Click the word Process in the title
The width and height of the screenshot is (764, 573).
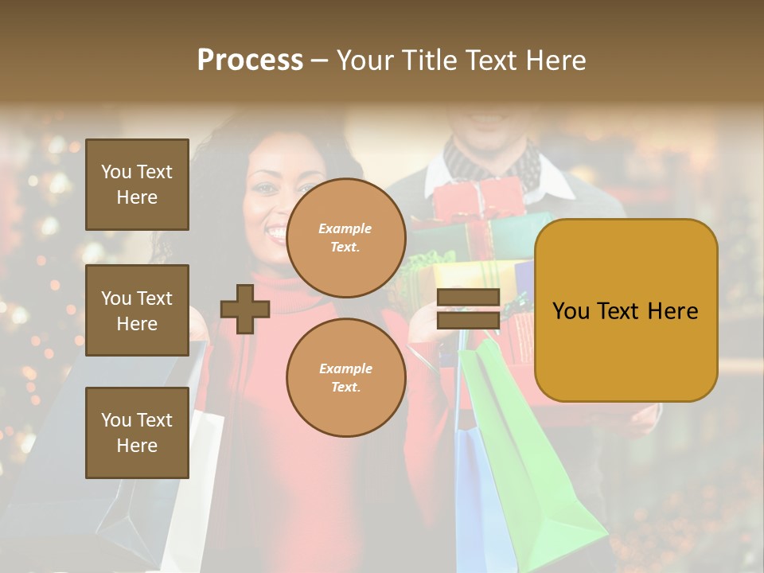[x=250, y=60]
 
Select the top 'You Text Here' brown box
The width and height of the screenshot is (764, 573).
[x=137, y=185]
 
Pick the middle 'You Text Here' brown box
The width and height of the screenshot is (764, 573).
[x=137, y=310]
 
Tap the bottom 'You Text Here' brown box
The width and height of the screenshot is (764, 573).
[x=137, y=432]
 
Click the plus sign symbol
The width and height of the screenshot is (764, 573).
[x=245, y=309]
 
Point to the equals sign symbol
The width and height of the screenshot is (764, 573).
[x=469, y=309]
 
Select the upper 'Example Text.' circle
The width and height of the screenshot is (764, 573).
[x=345, y=237]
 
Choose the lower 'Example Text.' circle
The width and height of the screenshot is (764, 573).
[x=345, y=377]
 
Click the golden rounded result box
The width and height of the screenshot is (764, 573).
[x=626, y=310]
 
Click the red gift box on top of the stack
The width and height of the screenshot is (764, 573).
[x=478, y=199]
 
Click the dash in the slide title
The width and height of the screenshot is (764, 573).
[x=320, y=61]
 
